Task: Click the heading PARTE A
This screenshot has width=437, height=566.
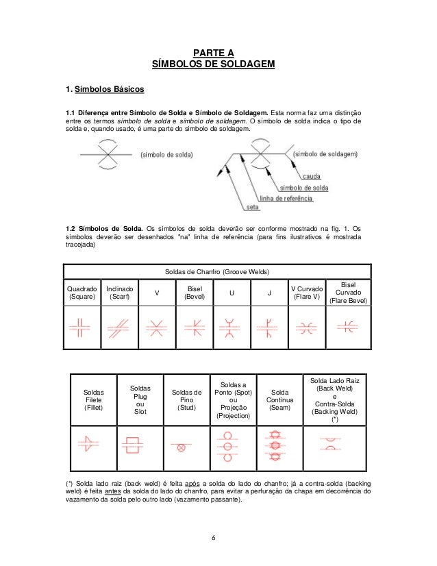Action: (x=213, y=53)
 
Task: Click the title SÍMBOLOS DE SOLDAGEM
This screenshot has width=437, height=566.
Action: (x=213, y=64)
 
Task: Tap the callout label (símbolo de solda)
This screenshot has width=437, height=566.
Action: (x=166, y=155)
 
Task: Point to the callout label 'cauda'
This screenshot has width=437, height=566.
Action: (x=312, y=176)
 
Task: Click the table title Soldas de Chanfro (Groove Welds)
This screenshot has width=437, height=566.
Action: (x=216, y=271)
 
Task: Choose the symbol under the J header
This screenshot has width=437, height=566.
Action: (x=269, y=326)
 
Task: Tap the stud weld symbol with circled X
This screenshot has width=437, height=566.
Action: (x=182, y=447)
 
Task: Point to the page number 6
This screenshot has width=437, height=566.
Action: (x=214, y=537)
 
